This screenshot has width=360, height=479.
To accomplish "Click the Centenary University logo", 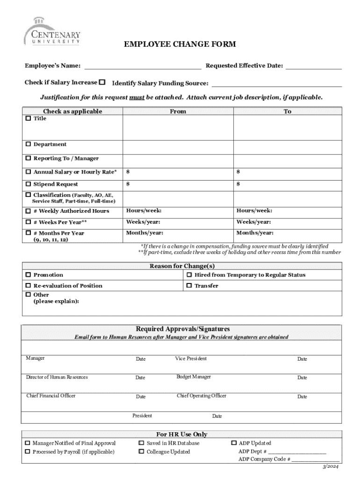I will [x=52, y=31].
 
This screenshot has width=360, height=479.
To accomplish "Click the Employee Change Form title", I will [x=180, y=44].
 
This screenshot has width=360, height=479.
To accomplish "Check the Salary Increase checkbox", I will [x=102, y=82].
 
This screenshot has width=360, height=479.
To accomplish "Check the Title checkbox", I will [x=28, y=118].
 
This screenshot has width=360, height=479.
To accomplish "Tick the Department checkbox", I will [x=28, y=144].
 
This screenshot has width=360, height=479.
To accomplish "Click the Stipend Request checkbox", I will [x=28, y=184].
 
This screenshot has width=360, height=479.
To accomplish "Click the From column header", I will [x=178, y=111].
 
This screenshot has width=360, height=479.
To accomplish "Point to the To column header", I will [x=287, y=111].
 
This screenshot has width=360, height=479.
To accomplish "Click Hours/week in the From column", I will [x=144, y=210].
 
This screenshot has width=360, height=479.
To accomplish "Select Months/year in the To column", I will [x=255, y=233].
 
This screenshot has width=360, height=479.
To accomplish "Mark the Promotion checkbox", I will [x=28, y=275].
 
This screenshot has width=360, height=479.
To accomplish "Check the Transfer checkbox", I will [x=189, y=285].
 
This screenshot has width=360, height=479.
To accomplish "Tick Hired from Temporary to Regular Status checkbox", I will [x=189, y=275].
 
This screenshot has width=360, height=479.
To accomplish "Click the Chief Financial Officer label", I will [x=50, y=396].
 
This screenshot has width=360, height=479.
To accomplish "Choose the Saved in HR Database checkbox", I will [x=141, y=443].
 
